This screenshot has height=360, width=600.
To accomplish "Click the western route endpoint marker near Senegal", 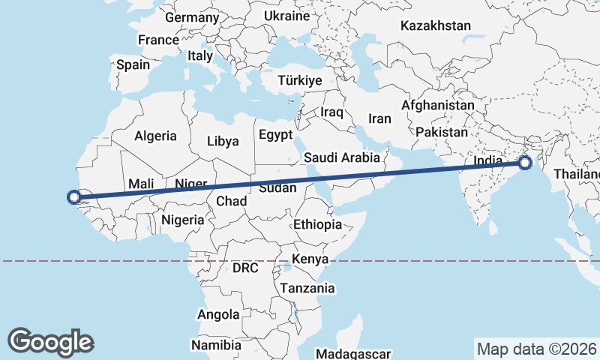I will (x=74, y=197).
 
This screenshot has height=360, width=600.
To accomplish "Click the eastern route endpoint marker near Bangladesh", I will (x=525, y=163).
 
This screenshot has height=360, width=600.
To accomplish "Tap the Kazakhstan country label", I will (x=436, y=25).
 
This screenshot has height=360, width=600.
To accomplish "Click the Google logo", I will (x=50, y=342).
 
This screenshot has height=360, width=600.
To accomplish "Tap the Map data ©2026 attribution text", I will (x=537, y=349).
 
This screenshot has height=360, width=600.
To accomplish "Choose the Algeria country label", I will (x=155, y=136).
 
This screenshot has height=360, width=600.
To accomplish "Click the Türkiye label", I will (x=299, y=80).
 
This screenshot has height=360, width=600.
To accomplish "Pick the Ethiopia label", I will (x=317, y=224).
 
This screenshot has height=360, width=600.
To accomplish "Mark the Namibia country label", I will (x=216, y=345).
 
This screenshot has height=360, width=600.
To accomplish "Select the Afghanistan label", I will (x=438, y=105).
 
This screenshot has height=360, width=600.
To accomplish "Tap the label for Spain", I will (x=133, y=64).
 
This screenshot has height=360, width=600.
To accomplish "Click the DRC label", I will (x=245, y=268).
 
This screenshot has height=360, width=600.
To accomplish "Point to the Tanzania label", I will (x=307, y=287).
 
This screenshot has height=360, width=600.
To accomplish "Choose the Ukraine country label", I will (x=287, y=16).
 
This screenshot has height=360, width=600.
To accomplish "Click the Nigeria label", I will (x=183, y=220).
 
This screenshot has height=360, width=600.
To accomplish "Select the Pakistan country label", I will (x=442, y=132).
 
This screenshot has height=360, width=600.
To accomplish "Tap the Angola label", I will (x=218, y=314).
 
